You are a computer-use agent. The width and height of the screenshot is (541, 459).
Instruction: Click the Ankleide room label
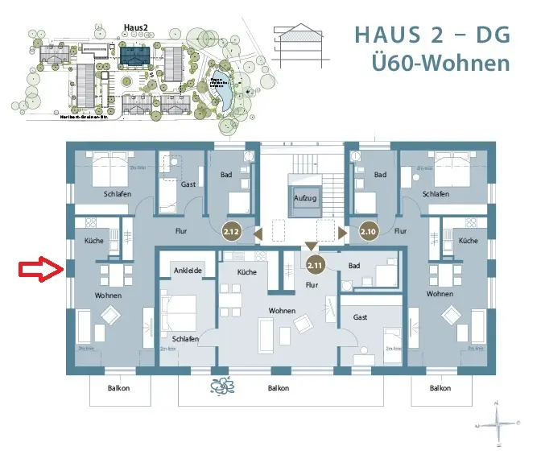[x=188, y=270]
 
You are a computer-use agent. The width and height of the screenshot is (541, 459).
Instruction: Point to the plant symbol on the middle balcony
[x=221, y=387]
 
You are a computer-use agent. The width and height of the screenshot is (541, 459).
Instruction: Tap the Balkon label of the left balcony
[x=118, y=387]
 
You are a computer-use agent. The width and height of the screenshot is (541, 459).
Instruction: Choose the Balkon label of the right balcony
[x=440, y=387]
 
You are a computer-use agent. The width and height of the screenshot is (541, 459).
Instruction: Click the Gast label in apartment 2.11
[x=360, y=318]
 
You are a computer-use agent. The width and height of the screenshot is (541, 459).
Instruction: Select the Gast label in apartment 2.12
[x=188, y=184]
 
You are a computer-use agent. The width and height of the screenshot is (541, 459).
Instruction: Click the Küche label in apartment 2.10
[x=467, y=241]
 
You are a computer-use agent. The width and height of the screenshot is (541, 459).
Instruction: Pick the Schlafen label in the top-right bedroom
[x=436, y=194]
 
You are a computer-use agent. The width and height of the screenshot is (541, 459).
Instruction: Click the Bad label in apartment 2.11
[x=353, y=265]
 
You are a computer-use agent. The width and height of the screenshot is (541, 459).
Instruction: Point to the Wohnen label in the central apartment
[x=283, y=311]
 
